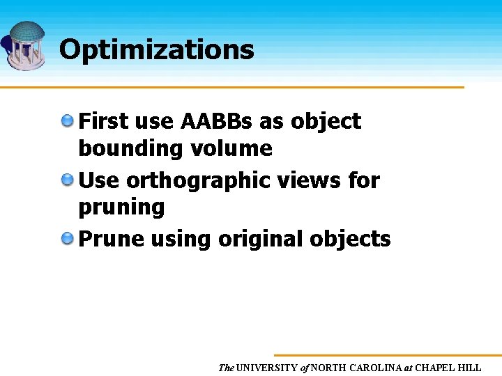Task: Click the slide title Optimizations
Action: click(156, 49)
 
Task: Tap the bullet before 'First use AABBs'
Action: click(68, 121)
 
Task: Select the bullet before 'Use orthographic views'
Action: click(68, 180)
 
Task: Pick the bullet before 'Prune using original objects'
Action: click(68, 239)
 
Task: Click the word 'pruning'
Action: click(121, 207)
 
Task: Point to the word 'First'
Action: click(102, 121)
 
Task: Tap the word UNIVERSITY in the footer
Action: click(267, 368)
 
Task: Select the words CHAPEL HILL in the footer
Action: click(448, 368)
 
